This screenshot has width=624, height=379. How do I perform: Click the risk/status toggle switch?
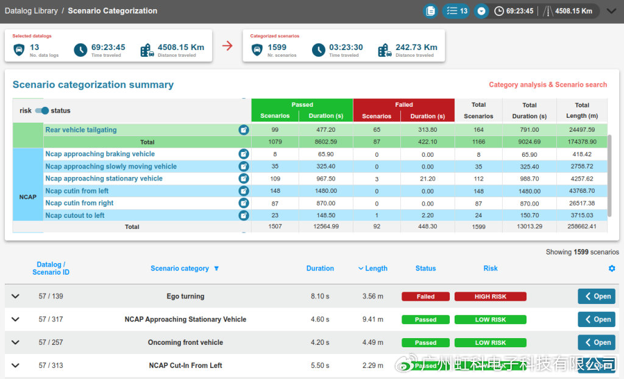coord(42,111)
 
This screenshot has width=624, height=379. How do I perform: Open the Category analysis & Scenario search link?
coord(548,84)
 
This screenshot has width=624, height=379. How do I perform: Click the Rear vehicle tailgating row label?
coord(81,130)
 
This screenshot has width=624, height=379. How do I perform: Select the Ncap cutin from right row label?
coord(79,203)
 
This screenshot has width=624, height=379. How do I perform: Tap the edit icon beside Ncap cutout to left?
coord(244,215)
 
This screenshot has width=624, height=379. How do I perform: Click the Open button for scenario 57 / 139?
coord(597,297)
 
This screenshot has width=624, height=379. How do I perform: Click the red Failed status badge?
coord(425,297)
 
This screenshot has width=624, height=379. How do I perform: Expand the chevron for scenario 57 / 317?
coord(15,319)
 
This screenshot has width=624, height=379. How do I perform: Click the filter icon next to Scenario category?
coord(216,268)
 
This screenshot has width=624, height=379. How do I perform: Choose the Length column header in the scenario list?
coord(373,269)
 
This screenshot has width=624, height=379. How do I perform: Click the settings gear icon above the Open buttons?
coord(612,269)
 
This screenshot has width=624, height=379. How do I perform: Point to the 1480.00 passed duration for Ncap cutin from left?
coord(325,191)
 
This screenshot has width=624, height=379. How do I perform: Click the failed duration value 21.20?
coord(427,179)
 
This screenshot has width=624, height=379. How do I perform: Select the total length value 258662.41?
coord(582,226)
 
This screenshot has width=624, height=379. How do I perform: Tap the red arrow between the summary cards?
coord(227,46)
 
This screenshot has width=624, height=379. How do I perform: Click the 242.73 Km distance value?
coord(416,48)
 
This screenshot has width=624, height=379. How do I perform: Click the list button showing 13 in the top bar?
coord(456,11)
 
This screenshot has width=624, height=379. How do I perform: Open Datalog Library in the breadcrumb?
coord(32,11)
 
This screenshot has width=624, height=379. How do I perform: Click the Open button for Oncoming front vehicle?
coord(597,342)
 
